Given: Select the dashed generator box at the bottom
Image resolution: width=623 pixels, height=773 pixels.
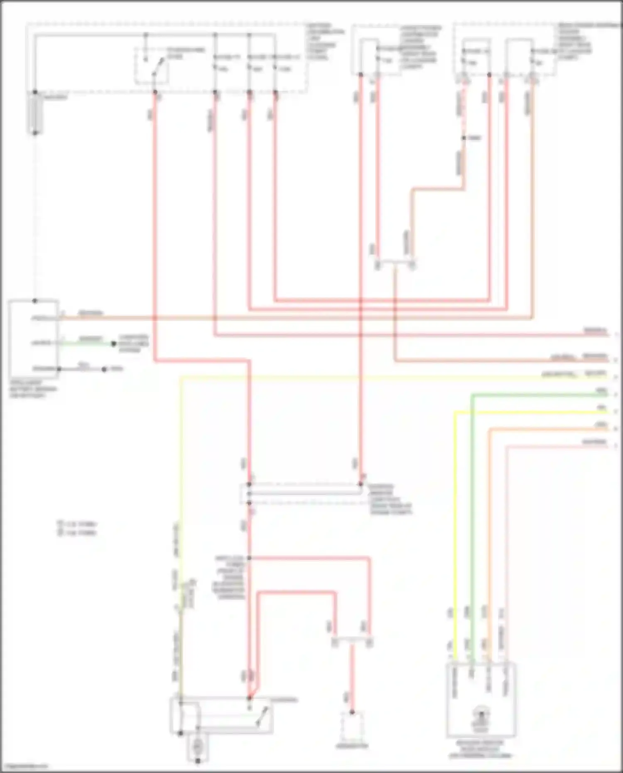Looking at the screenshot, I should tap(352, 727).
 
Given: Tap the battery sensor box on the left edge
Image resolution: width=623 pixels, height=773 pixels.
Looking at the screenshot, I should tap(33, 339).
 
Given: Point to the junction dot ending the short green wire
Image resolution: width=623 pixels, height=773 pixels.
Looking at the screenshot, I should tap(113, 344).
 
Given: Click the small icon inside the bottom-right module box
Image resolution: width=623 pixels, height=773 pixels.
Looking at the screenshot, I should tap(481, 716).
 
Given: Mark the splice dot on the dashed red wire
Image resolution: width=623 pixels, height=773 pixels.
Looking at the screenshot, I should tap(464, 138).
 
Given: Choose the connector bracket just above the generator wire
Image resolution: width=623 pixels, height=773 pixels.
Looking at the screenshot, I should tap(352, 642).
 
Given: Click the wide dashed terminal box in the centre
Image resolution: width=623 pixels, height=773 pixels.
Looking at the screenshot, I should tap(303, 494).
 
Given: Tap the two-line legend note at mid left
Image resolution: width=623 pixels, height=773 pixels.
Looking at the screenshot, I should tap(77, 528).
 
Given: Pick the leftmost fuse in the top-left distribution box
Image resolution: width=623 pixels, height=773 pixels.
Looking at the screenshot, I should tap(216, 62).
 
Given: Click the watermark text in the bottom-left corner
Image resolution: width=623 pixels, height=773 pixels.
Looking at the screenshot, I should tap(24, 766).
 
